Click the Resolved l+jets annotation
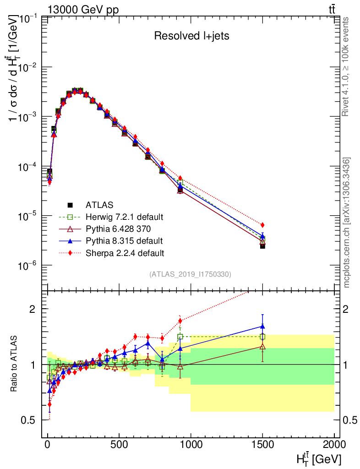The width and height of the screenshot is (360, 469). tap(191, 36)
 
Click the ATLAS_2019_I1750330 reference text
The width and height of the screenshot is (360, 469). tap(190, 274)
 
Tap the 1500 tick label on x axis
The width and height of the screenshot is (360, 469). tap(262, 445)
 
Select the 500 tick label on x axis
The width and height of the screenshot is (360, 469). tap(119, 445)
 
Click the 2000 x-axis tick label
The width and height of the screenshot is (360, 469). tap(334, 445)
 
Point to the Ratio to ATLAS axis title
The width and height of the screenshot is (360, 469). tap(15, 364)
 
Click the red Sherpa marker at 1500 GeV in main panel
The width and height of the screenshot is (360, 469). tap(262, 225)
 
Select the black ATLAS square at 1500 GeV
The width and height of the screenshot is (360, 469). tap(262, 246)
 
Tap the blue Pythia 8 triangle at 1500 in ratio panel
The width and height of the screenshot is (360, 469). tap(262, 327)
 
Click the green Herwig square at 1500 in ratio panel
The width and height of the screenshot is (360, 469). tap(262, 337)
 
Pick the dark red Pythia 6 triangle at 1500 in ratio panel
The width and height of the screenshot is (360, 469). tap(262, 347)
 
